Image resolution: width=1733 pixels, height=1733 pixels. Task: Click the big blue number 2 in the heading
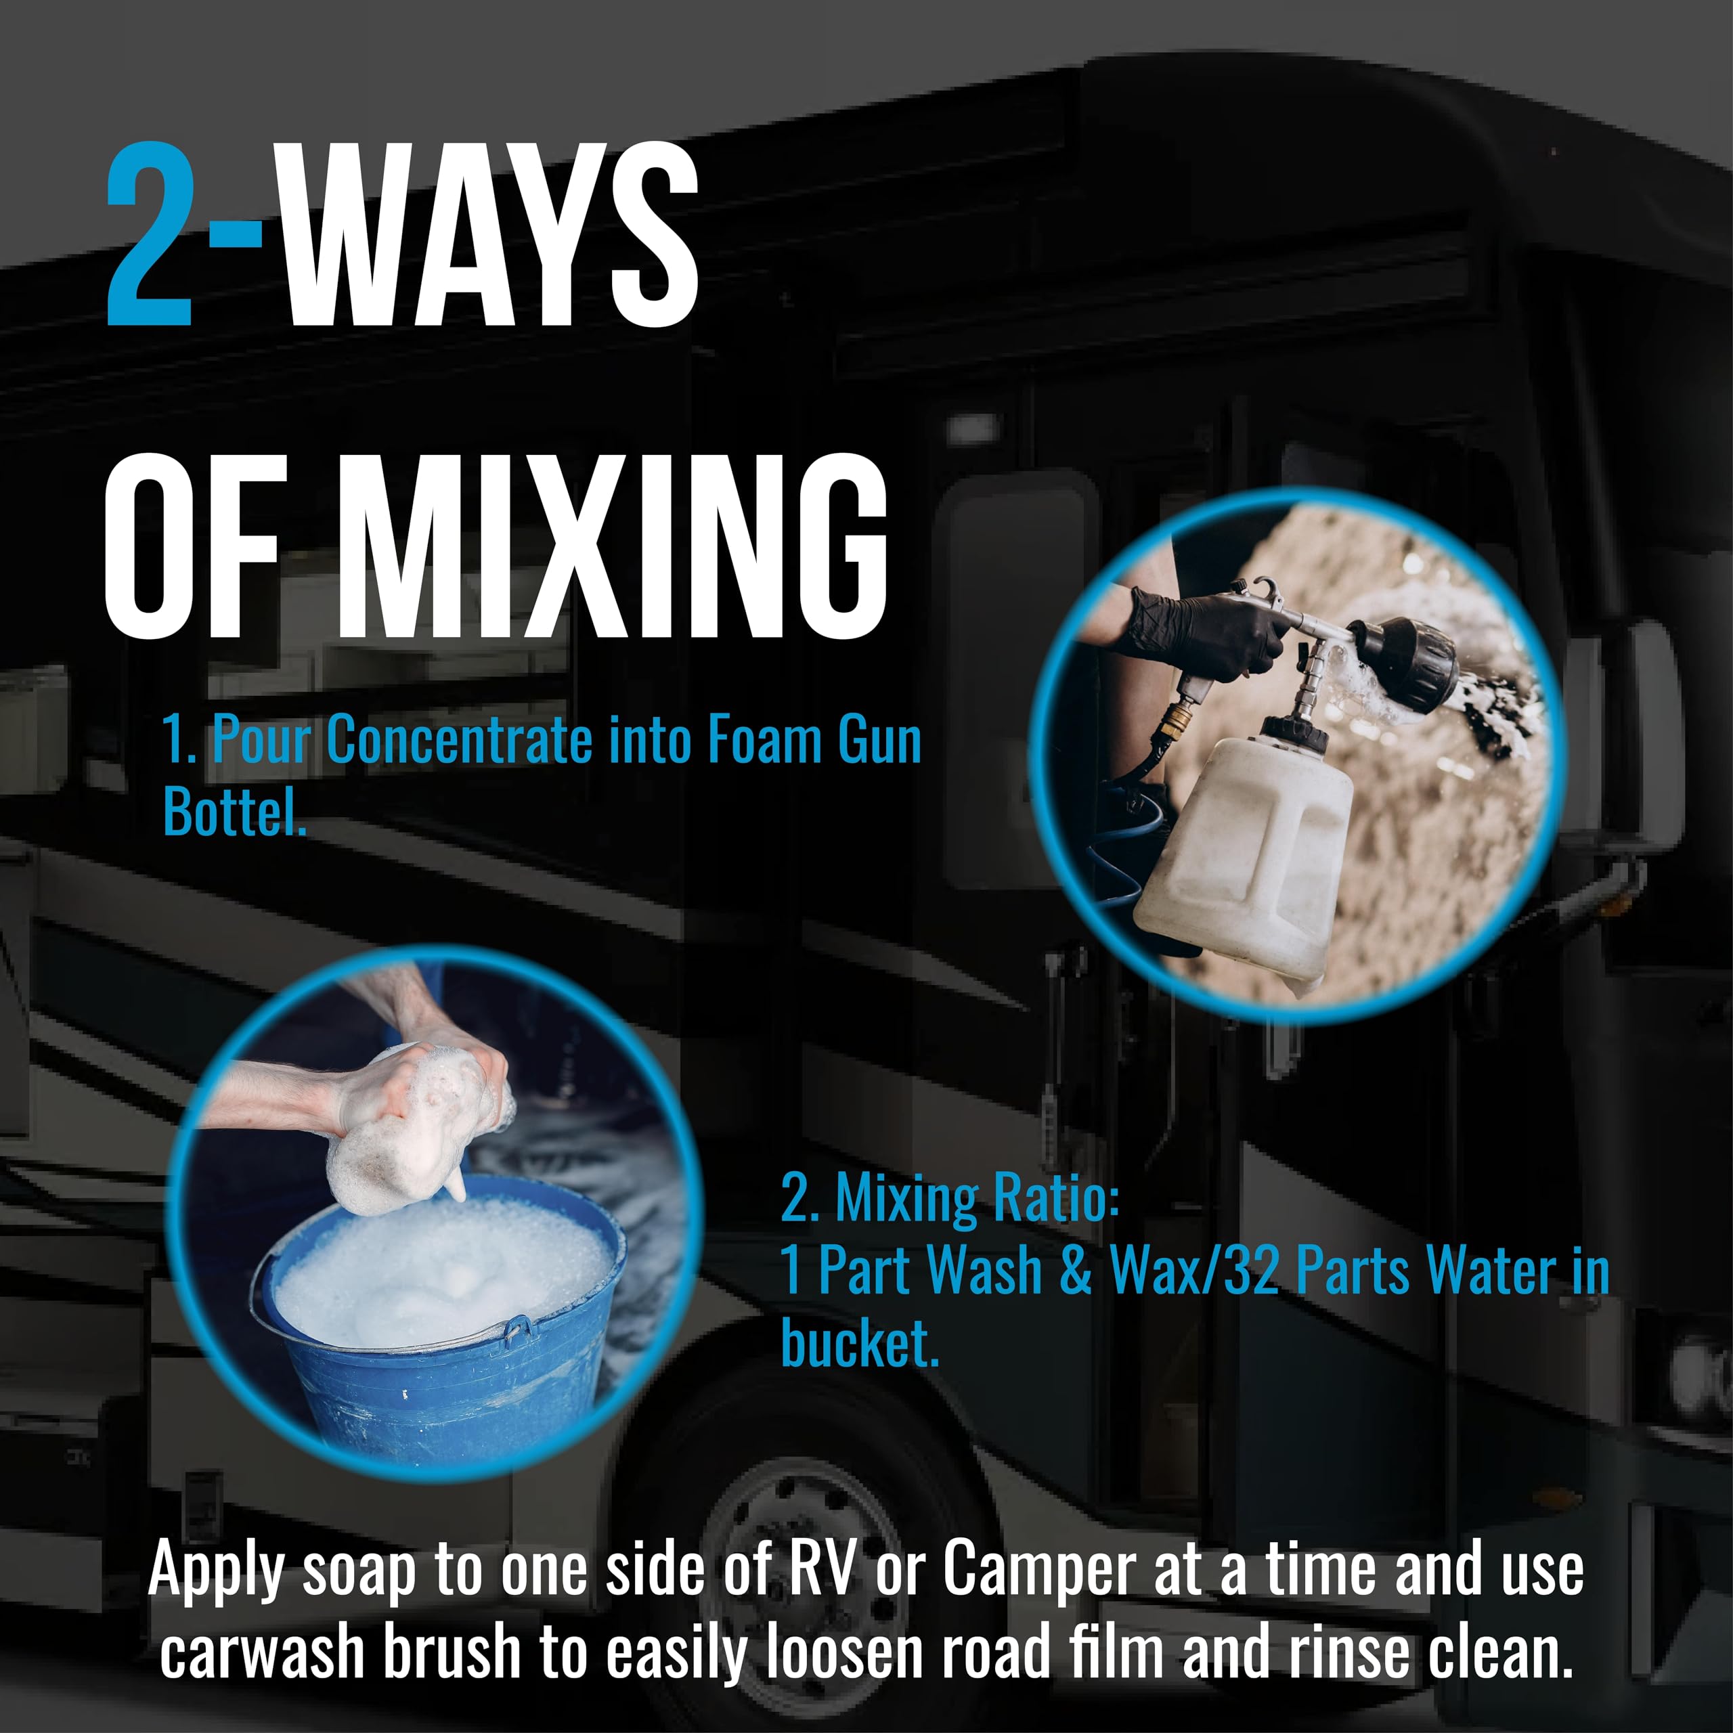[149, 234]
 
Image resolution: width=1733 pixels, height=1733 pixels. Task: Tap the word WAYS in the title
[489, 234]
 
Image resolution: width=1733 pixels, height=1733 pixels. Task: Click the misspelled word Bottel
[234, 812]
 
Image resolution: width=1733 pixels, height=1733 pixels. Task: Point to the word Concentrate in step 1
[458, 740]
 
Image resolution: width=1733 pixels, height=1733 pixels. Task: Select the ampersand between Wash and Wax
[1076, 1271]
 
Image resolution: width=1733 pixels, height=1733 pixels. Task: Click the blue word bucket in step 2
[859, 1343]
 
